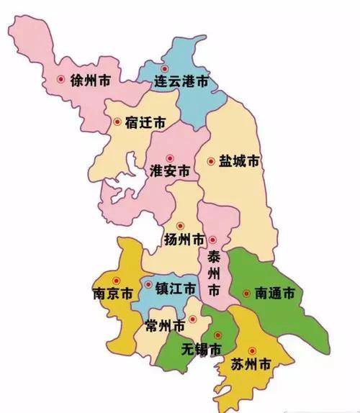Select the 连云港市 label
(182, 83)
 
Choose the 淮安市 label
(171, 171)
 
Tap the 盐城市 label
(238, 162)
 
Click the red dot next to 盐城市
(211, 161)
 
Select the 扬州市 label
(184, 240)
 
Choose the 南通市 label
(274, 294)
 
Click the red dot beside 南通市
(247, 294)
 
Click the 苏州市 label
(250, 366)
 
